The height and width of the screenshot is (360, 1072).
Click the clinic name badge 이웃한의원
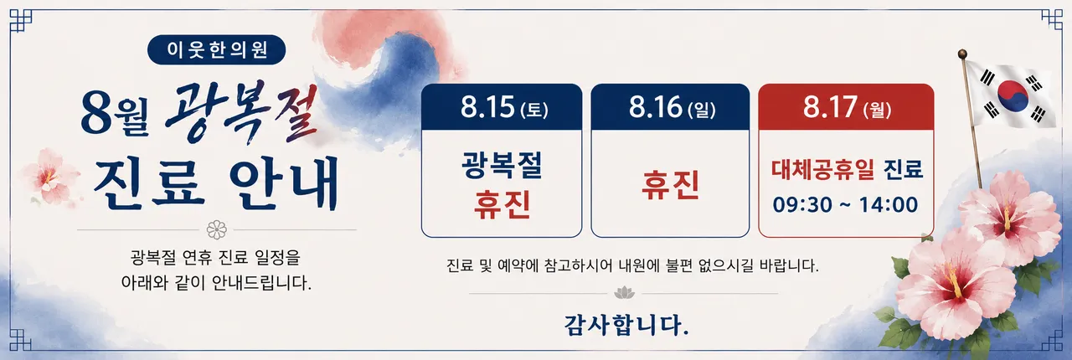click(216, 49)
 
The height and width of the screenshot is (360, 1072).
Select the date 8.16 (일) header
click(672, 107)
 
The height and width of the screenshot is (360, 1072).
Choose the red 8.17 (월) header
click(847, 107)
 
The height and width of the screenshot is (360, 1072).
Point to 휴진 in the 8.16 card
click(670, 185)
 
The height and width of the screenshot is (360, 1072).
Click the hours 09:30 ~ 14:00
click(845, 204)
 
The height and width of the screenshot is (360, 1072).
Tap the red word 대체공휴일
click(822, 169)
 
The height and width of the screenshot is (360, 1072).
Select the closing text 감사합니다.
click(626, 325)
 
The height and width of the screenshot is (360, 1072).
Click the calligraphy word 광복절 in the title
click(242, 112)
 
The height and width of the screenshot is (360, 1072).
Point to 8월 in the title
click(115, 116)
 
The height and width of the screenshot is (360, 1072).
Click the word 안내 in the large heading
click(285, 183)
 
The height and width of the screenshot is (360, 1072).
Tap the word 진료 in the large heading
click(150, 183)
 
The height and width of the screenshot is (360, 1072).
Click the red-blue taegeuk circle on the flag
click(1013, 95)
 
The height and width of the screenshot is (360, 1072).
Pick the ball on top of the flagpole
click(962, 54)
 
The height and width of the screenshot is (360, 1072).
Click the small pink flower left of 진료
click(49, 176)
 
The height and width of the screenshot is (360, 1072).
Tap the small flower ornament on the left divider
click(217, 229)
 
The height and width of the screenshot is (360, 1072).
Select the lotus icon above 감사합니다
click(624, 292)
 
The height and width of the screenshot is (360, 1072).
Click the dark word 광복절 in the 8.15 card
click(502, 165)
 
